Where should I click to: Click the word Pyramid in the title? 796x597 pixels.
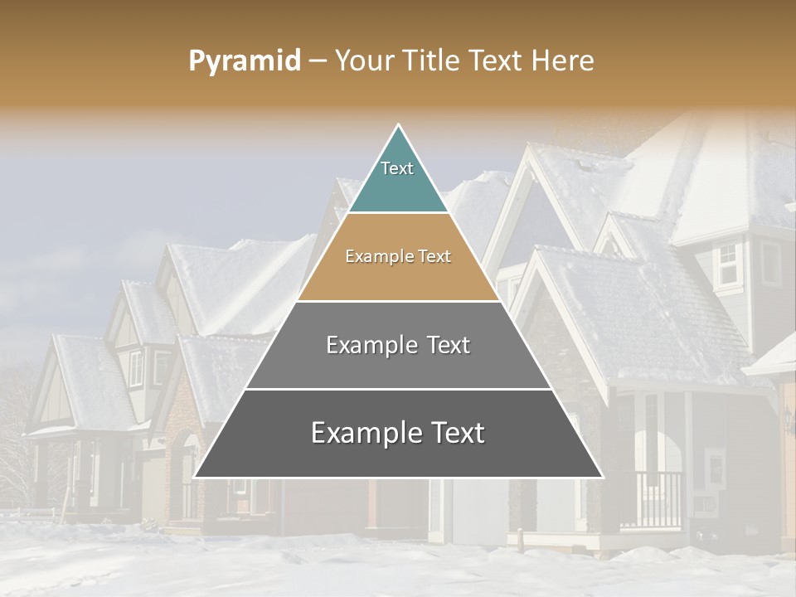click(x=244, y=61)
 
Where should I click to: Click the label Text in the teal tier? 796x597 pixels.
click(x=397, y=168)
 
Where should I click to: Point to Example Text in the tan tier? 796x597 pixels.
click(x=398, y=257)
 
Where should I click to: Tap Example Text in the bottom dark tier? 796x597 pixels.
click(x=398, y=433)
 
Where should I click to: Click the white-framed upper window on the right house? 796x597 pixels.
click(x=728, y=264)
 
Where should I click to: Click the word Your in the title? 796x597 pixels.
click(x=362, y=61)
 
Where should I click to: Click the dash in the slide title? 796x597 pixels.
click(x=318, y=61)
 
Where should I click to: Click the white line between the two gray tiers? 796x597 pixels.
click(x=398, y=389)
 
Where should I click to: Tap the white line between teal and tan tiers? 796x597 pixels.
click(x=398, y=213)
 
